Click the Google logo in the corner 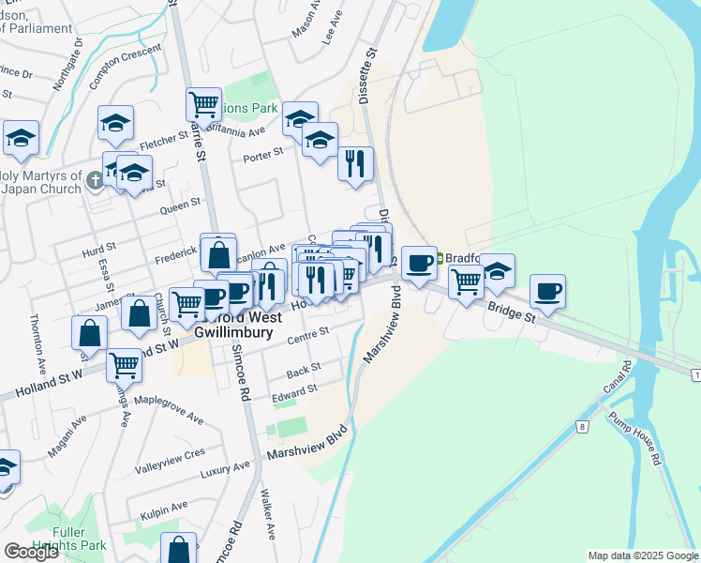coord(31,552)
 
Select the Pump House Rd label coord(633,436)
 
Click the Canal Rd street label coord(618,378)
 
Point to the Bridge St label coord(510,312)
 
